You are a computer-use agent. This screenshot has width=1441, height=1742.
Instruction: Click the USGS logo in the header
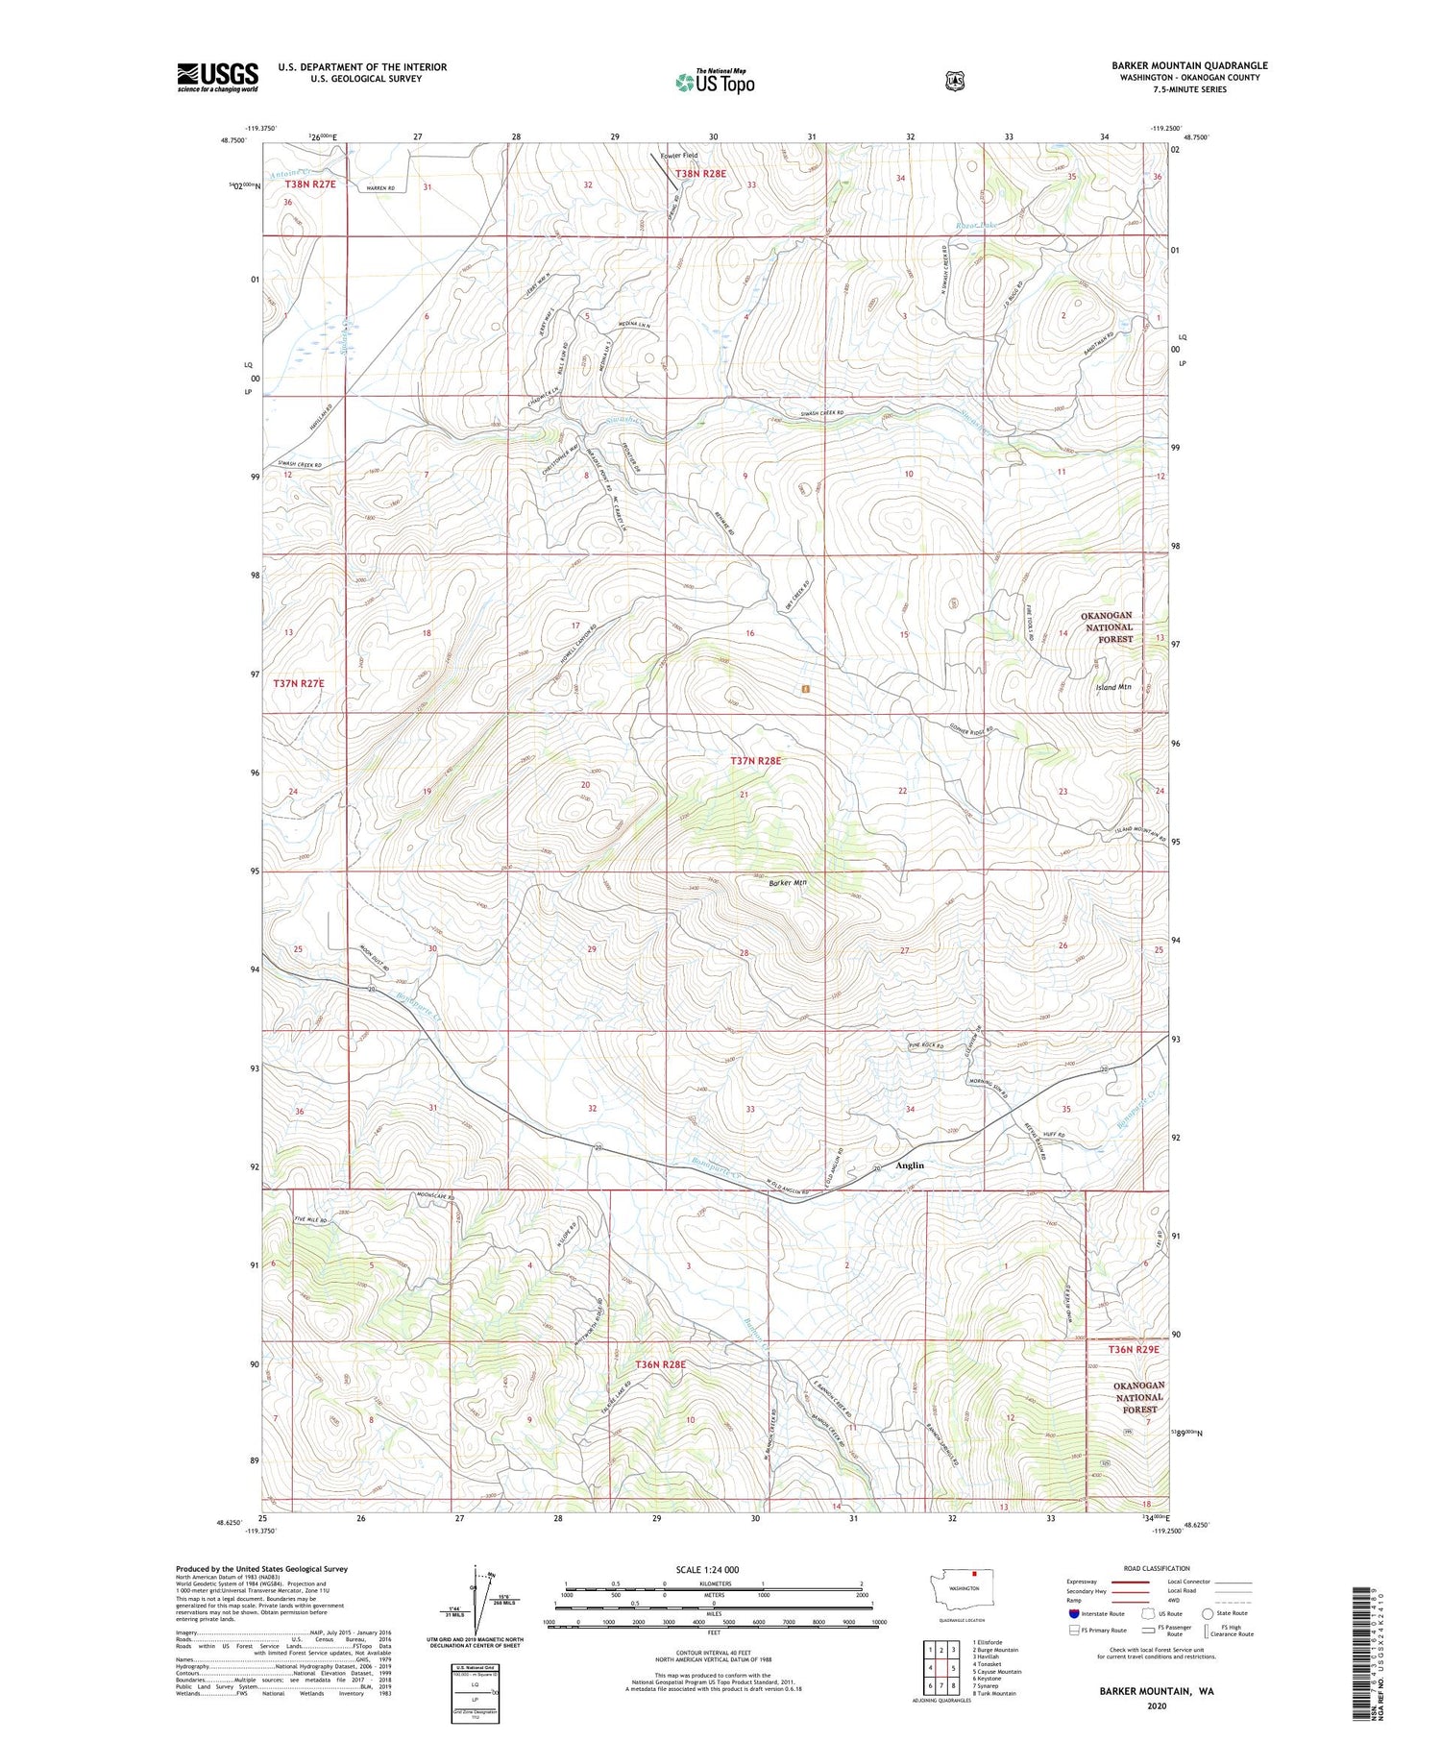pos(217,77)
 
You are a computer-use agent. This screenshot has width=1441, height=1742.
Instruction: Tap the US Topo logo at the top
pos(715,81)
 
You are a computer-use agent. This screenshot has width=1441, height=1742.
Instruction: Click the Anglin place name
pos(909,1165)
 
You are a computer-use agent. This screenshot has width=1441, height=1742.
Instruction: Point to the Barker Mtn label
pos(788,882)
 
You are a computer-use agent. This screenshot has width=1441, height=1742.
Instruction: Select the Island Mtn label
pos(1113,687)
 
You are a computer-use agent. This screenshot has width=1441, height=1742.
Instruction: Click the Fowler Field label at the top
pos(679,155)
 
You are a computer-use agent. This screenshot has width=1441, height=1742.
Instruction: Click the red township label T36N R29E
pos(1135,1349)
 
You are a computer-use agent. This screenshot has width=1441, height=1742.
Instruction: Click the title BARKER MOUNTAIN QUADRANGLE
pos(1189,65)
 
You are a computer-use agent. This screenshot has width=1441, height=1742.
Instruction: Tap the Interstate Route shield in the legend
pos(1075,1613)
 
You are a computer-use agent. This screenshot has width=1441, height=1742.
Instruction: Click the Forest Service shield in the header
pos(954,82)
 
